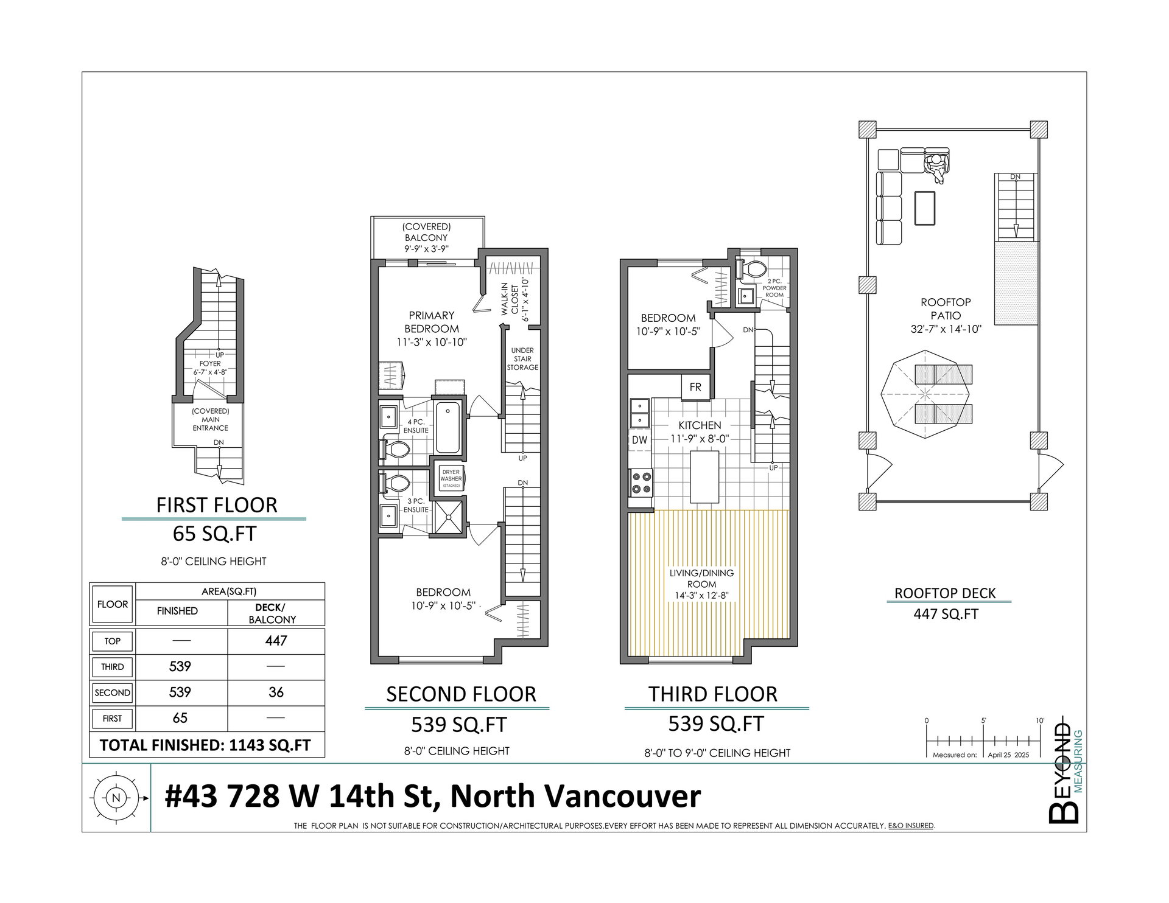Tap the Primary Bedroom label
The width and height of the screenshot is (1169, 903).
pyautogui.click(x=431, y=322)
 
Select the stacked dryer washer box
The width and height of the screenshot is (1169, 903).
pyautogui.click(x=451, y=479)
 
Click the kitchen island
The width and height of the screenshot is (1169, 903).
pyautogui.click(x=704, y=476)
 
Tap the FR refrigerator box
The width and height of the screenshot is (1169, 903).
pyautogui.click(x=695, y=387)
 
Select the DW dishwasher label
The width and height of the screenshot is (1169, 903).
pyautogui.click(x=639, y=440)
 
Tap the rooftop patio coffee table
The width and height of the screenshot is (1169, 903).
pyautogui.click(x=925, y=207)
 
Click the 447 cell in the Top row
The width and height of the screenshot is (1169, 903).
pyautogui.click(x=276, y=641)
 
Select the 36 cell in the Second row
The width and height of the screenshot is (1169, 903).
pyautogui.click(x=276, y=692)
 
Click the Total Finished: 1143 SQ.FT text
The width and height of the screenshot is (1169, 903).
pyautogui.click(x=205, y=745)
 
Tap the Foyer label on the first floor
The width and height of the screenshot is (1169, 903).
pyautogui.click(x=210, y=363)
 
